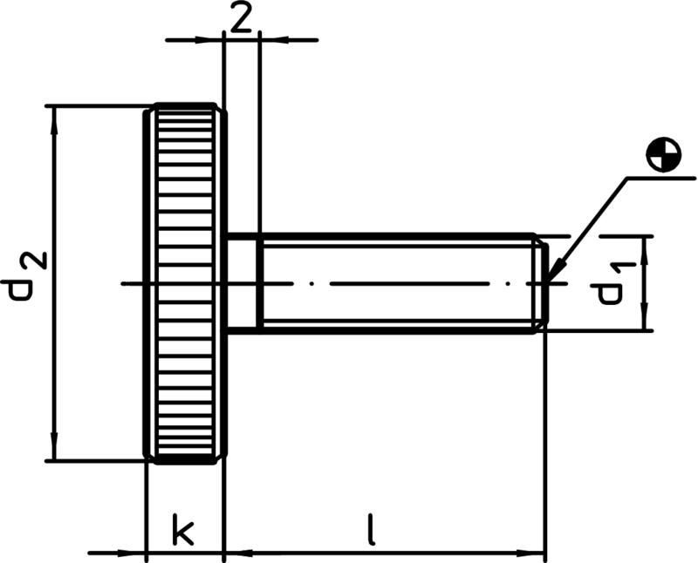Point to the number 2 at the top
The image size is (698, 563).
[241, 18]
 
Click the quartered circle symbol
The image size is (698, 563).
[664, 154]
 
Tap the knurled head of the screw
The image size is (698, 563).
[185, 283]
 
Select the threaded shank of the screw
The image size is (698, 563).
[397, 283]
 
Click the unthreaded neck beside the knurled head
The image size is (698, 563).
[243, 283]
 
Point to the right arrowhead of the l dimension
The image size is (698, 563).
[535, 552]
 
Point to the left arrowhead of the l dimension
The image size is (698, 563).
[236, 552]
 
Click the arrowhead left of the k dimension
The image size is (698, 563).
[135, 552]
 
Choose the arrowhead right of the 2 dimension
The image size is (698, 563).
[270, 39]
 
